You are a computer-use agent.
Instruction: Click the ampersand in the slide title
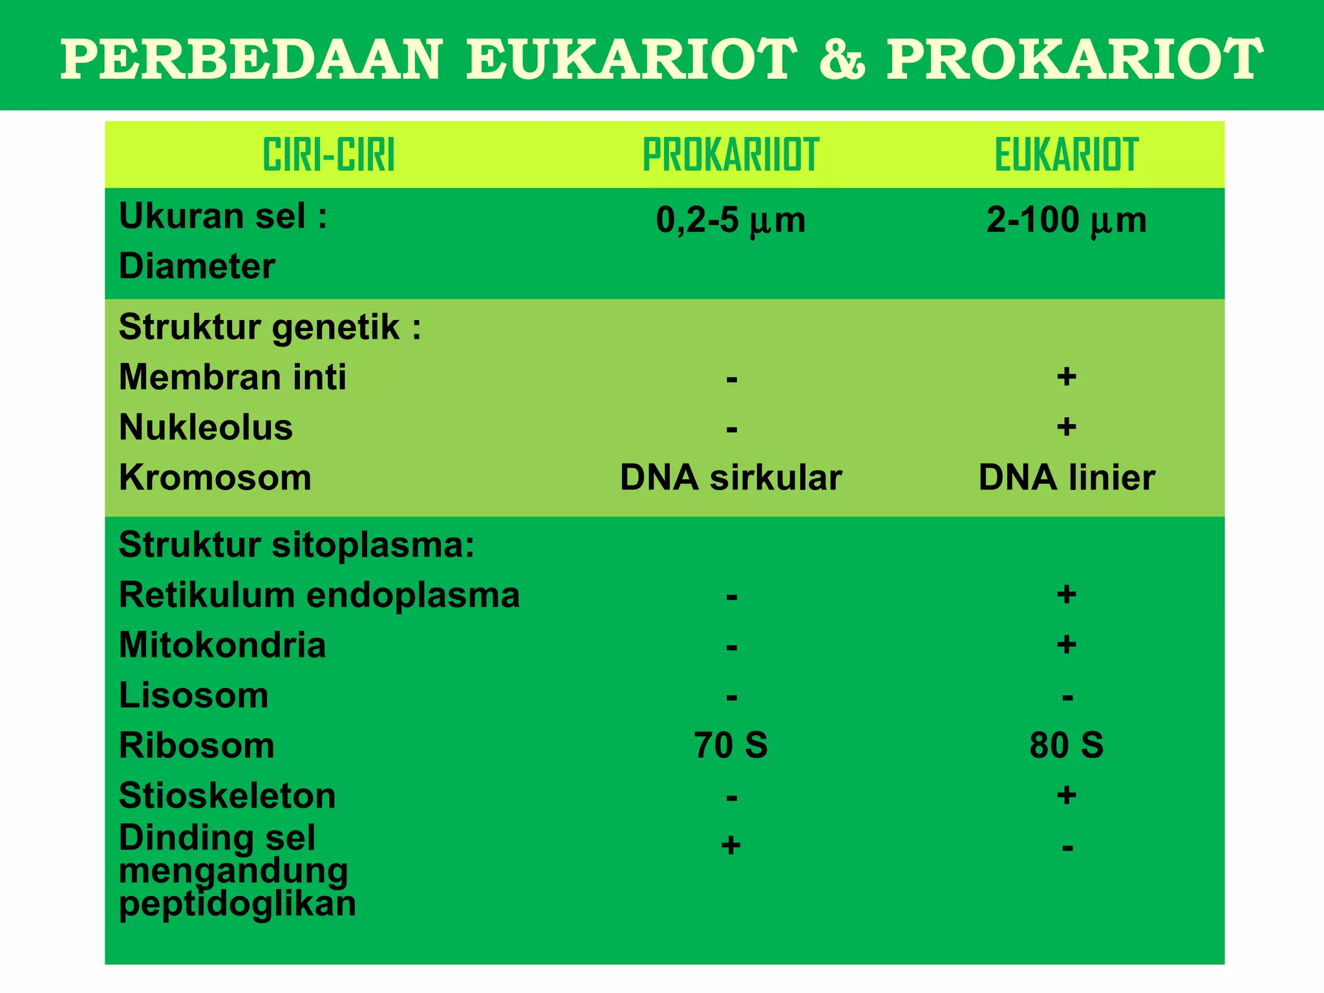click(x=841, y=60)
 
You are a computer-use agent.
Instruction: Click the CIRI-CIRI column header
click(x=328, y=155)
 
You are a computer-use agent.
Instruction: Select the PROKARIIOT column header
click(x=731, y=155)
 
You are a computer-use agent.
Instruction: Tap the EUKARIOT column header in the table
click(x=1066, y=155)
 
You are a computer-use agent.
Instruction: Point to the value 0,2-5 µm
click(x=731, y=220)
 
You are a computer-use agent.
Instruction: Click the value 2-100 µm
click(x=1066, y=220)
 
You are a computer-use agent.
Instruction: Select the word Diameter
click(x=197, y=266)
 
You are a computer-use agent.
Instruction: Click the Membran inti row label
click(x=233, y=377)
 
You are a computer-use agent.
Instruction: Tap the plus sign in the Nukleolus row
click(x=1066, y=427)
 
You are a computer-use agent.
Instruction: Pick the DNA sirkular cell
click(x=731, y=478)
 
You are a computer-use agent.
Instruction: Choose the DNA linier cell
click(x=1066, y=478)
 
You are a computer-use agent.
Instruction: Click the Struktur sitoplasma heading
click(x=297, y=545)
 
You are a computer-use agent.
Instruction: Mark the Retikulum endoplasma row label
click(x=319, y=595)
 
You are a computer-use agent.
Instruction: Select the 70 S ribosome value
click(x=731, y=745)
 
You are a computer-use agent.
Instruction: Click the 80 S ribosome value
click(x=1066, y=745)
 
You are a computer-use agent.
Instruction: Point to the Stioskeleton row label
click(x=228, y=796)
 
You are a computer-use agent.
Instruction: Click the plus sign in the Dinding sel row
click(x=731, y=845)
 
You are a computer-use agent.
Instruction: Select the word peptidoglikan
click(x=237, y=904)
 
